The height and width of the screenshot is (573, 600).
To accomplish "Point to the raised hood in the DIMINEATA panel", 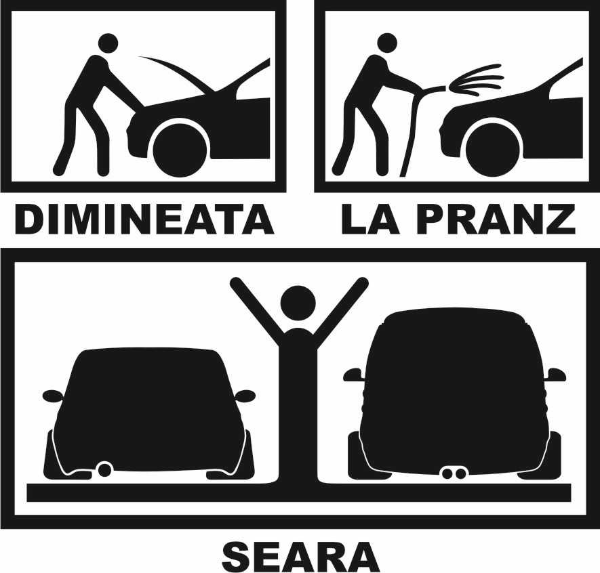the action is [177, 73].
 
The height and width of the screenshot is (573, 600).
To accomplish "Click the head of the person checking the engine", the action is [109, 44].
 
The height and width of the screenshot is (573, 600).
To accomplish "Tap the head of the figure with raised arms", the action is [298, 302].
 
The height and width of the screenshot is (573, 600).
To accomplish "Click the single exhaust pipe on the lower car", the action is [104, 469].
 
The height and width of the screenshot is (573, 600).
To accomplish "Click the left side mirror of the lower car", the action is [52, 396].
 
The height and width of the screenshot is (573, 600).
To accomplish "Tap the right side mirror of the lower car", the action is [245, 396].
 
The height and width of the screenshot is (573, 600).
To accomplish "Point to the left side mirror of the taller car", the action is [353, 375].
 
